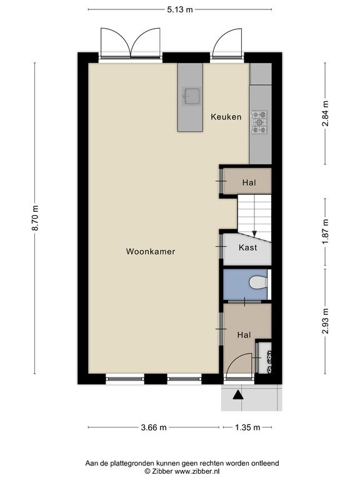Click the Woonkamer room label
[x=150, y=252]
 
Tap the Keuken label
[x=226, y=117]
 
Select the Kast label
[x=247, y=247]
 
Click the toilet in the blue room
[x=258, y=283]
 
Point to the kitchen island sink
[x=192, y=96]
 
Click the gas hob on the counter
[x=259, y=122]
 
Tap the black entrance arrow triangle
[x=238, y=395]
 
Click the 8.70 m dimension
[x=35, y=218]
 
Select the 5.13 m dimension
[x=180, y=9]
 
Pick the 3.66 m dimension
[x=154, y=427]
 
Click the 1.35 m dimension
[x=247, y=427]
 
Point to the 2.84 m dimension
[x=326, y=114]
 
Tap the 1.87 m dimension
[x=326, y=232]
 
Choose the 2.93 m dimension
[x=326, y=321]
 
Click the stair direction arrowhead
[x=254, y=234]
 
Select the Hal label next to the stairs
[x=249, y=182]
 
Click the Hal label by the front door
[x=244, y=335]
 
